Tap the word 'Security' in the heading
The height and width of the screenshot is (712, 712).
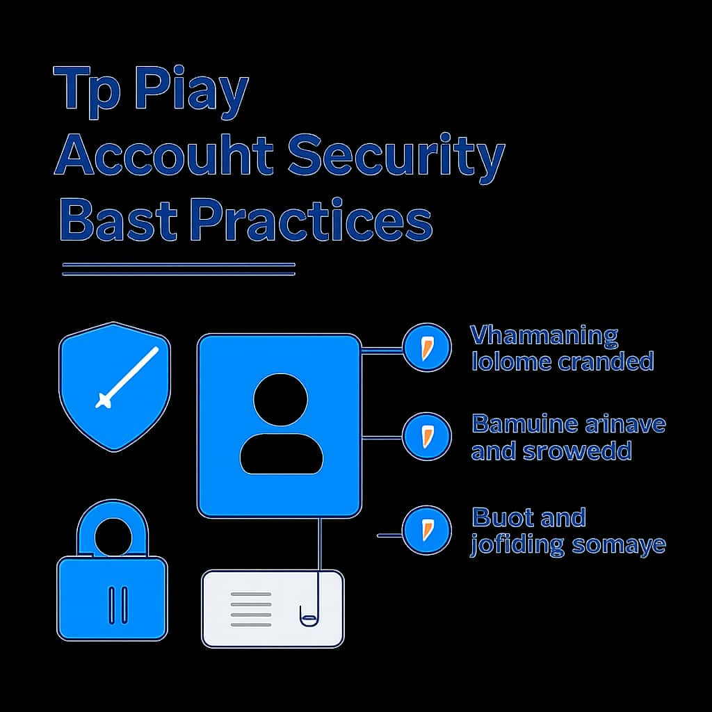(x=396, y=159)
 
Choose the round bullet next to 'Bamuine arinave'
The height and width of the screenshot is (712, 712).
(x=427, y=437)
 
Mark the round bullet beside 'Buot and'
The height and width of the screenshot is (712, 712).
(x=427, y=530)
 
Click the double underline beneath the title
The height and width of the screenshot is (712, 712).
(x=179, y=269)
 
